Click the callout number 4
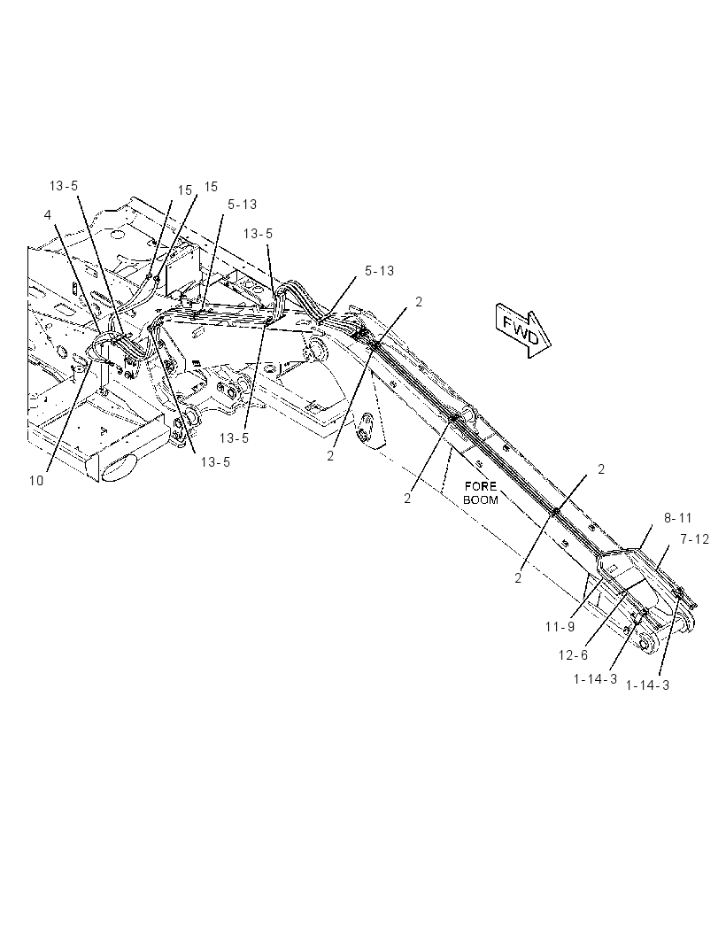click(48, 214)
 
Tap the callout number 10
click(36, 481)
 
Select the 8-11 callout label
click(678, 518)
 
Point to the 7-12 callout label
click(695, 539)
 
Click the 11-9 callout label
click(560, 627)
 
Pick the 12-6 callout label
click(573, 654)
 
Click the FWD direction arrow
click(523, 330)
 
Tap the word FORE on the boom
click(480, 486)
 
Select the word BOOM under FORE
click(481, 499)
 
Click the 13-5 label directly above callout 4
click(63, 185)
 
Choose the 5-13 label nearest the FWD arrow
click(379, 271)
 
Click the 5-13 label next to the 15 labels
click(242, 205)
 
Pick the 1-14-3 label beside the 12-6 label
click(595, 679)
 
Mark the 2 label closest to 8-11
click(601, 469)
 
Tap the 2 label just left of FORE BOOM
click(407, 499)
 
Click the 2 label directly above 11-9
click(518, 578)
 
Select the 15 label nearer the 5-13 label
click(211, 187)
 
